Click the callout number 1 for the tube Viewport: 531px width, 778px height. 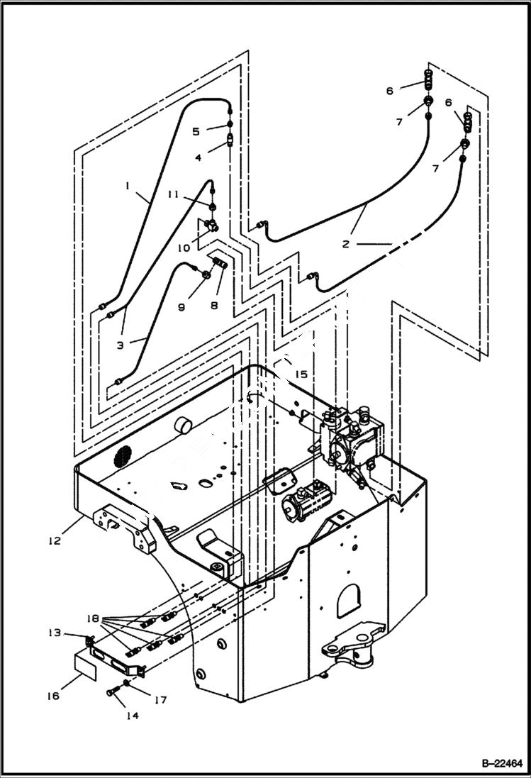[128, 186]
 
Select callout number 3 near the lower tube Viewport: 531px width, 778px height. [121, 345]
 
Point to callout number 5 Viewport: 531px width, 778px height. [195, 131]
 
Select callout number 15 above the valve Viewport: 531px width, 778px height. [301, 374]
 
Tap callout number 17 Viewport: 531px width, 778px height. [160, 700]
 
